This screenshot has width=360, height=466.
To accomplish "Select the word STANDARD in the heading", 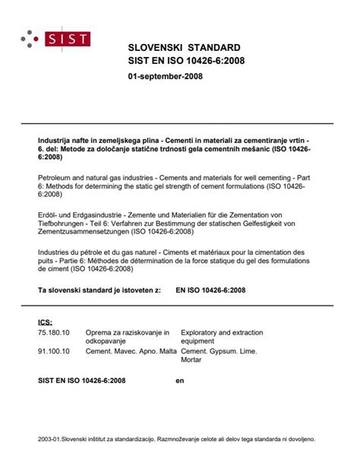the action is (209, 47).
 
